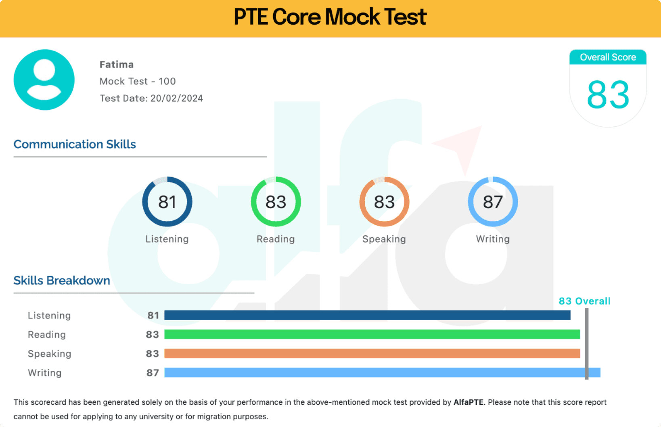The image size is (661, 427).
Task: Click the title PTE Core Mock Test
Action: tap(330, 17)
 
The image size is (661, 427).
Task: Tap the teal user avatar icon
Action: tap(44, 80)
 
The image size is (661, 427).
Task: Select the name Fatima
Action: tap(117, 65)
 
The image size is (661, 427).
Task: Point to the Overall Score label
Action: tap(608, 57)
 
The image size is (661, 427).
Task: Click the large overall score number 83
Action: tap(608, 95)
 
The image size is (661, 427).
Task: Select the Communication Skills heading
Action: tap(75, 144)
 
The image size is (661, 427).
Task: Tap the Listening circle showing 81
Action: tap(167, 202)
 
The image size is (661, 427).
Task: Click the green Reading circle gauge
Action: tap(276, 202)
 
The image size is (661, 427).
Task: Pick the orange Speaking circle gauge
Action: tap(384, 202)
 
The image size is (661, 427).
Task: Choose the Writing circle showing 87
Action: tap(493, 202)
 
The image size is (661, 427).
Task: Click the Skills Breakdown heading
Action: tap(62, 280)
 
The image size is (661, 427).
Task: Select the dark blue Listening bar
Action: tap(367, 315)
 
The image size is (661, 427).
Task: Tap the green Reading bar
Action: tap(372, 334)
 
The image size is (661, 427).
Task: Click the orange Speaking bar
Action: tap(372, 354)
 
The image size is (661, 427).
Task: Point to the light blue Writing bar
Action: tap(382, 373)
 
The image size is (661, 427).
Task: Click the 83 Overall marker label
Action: tap(584, 301)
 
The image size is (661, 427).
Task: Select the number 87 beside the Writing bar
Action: tap(153, 373)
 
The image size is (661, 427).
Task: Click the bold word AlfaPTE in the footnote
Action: tap(468, 402)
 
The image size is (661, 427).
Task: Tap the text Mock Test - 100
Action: tap(138, 82)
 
